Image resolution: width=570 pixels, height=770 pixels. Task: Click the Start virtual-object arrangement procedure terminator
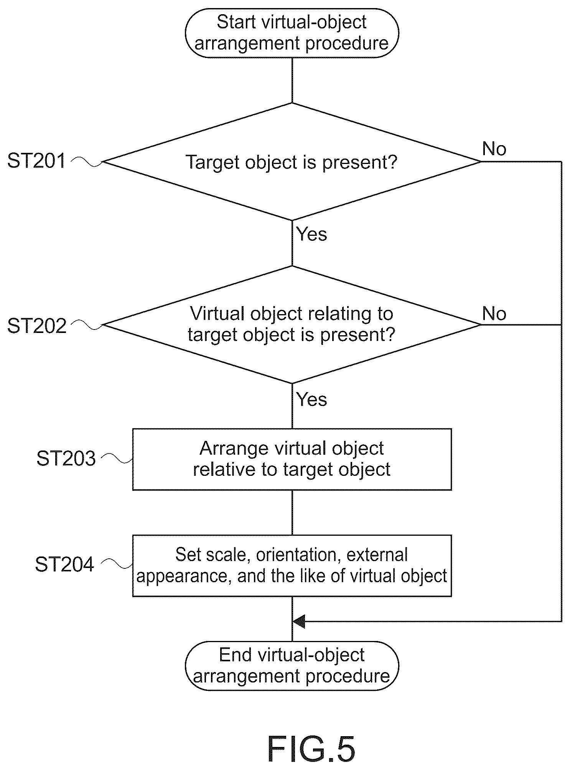click(292, 33)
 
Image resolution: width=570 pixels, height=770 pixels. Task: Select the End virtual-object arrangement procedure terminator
click(292, 666)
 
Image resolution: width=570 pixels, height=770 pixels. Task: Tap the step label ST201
click(37, 161)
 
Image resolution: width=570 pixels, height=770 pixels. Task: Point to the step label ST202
click(37, 326)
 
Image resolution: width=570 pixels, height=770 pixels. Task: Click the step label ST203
click(66, 458)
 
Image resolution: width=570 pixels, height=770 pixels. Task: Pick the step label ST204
click(65, 565)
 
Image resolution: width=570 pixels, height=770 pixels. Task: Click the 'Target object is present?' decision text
click(292, 162)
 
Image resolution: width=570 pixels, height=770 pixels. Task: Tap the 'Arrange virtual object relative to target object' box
click(292, 459)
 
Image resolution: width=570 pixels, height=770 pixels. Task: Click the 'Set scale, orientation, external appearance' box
click(292, 566)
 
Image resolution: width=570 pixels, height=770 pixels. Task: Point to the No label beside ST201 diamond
click(494, 149)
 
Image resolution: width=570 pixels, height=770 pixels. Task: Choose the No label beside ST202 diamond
click(494, 314)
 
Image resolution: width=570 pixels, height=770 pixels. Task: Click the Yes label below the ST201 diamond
click(311, 234)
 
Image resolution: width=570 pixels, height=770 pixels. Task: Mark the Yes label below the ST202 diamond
click(311, 400)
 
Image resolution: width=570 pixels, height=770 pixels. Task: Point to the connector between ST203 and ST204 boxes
click(292, 513)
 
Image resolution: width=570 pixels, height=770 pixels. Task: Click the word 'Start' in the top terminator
click(236, 22)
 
